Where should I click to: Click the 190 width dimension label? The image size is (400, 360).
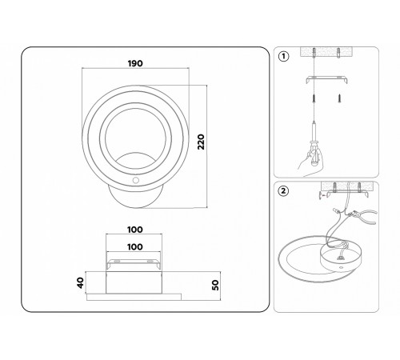tap(135, 63)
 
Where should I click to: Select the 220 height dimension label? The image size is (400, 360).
tap(201, 142)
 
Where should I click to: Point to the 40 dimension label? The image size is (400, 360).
tap(80, 282)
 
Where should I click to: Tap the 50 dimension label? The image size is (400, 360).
tap(215, 285)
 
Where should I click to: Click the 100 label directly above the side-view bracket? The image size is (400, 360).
tap(135, 247)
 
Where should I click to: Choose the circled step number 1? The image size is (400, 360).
tap(283, 57)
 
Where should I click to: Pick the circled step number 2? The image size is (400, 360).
tap(283, 191)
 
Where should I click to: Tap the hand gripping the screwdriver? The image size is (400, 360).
tap(310, 162)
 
